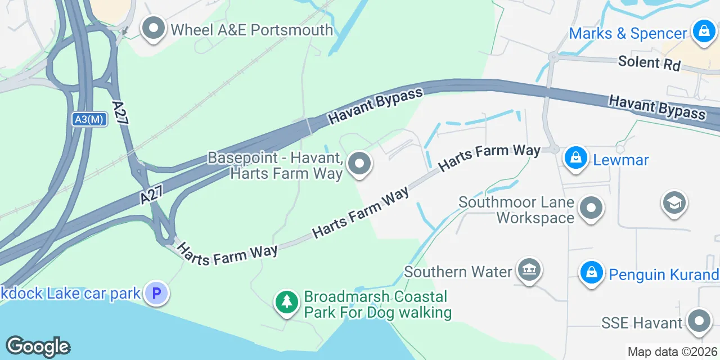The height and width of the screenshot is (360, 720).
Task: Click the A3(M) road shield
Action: (89, 119)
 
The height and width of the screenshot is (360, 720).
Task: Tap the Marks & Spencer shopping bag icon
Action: (704, 31)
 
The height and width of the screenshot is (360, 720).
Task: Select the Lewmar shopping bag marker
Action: (576, 158)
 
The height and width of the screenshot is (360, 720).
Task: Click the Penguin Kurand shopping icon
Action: (591, 273)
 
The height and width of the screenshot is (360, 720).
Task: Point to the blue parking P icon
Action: (156, 293)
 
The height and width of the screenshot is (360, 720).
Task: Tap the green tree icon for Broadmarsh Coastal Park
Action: (287, 303)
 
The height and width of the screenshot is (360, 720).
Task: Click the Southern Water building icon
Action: (529, 270)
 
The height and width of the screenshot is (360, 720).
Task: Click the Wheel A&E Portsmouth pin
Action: (152, 29)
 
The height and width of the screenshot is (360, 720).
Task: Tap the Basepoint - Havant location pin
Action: (359, 164)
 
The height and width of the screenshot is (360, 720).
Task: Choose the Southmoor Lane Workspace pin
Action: (591, 209)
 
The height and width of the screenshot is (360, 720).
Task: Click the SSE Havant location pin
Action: (699, 321)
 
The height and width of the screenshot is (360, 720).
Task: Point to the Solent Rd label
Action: (649, 62)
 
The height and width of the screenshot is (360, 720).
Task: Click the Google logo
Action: (38, 347)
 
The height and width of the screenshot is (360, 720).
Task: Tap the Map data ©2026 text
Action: (673, 352)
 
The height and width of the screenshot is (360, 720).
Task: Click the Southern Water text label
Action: (458, 272)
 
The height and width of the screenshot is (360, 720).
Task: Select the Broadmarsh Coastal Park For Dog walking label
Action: (377, 304)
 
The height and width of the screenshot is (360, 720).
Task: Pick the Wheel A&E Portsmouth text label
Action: (252, 30)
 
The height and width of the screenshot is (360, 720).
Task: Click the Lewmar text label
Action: (621, 160)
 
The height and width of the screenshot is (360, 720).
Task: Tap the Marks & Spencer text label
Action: (628, 33)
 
